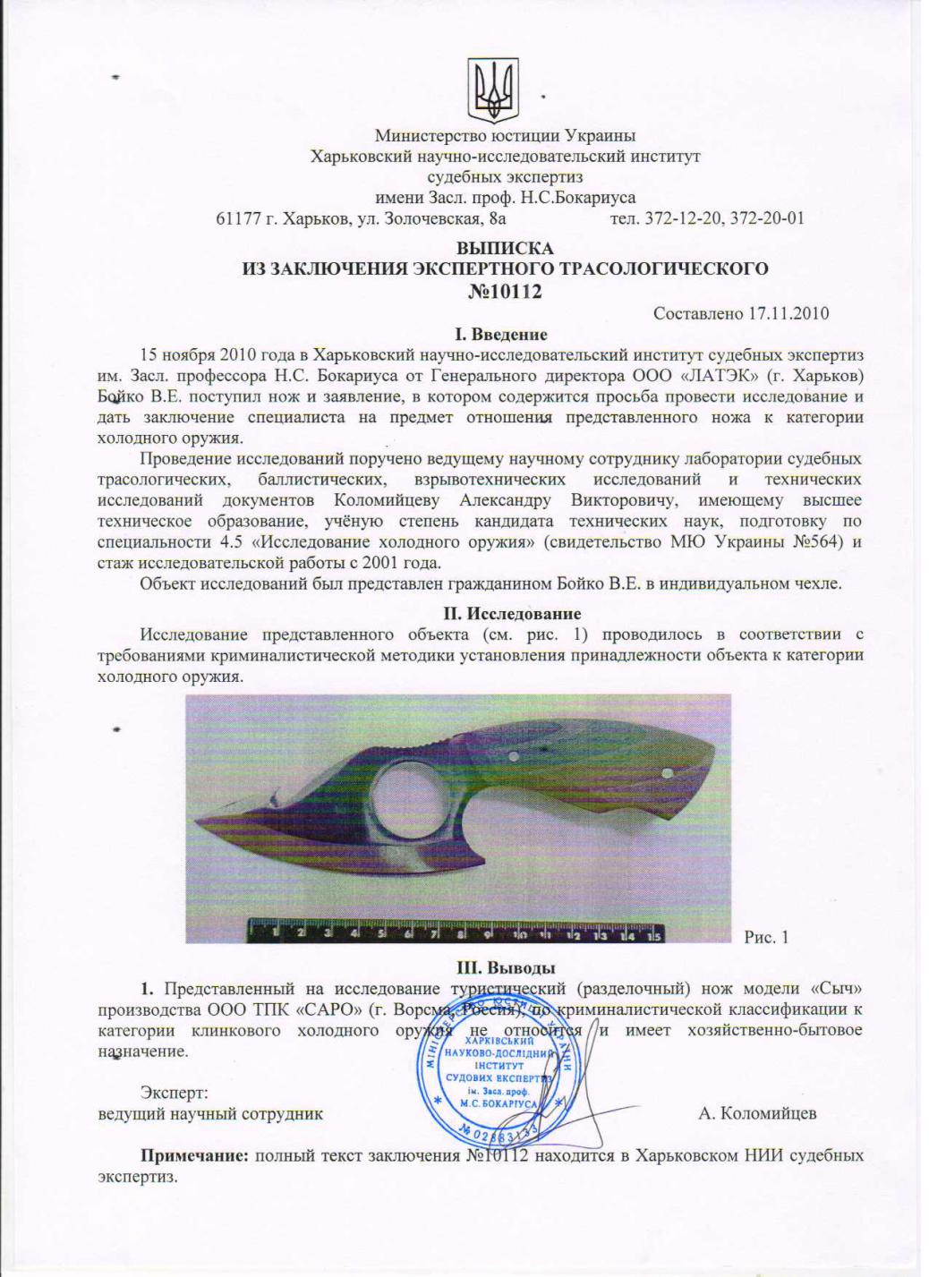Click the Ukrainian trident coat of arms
495,89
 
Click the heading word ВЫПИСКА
505,249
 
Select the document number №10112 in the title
506,291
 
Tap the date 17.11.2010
789,313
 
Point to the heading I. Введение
501,335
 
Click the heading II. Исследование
513,614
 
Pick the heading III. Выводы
506,967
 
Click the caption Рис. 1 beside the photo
766,937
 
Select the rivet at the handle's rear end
666,774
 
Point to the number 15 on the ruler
654,936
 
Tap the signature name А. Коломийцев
757,1114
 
